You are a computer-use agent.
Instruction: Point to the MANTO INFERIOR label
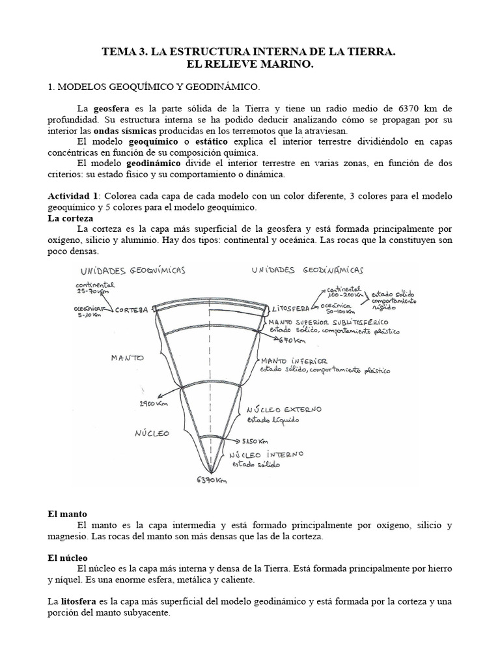tap(292, 360)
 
